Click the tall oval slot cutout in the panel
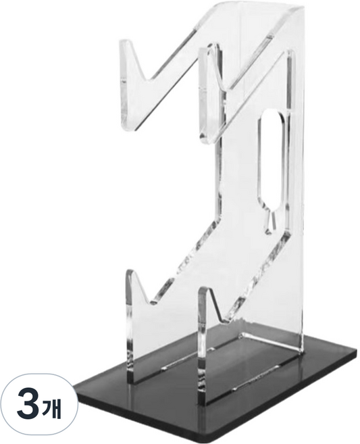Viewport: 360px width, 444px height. coord(270,159)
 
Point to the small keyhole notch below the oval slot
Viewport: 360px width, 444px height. coord(270,222)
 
